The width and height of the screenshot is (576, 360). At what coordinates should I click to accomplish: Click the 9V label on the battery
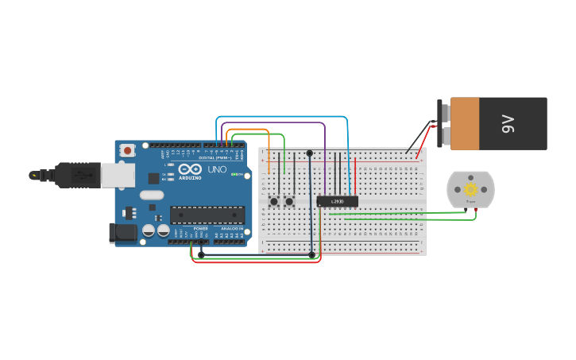[x=508, y=123]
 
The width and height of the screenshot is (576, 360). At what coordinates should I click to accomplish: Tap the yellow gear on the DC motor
[x=470, y=189]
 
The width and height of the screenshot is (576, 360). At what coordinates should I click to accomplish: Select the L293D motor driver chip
[x=337, y=201]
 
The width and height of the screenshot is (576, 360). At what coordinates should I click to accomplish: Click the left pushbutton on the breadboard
[x=274, y=201]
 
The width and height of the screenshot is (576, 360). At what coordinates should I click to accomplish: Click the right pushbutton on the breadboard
[x=289, y=201]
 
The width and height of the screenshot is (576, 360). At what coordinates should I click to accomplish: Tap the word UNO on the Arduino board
[x=217, y=169]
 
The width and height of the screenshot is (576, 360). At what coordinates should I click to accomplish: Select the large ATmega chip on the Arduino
[x=207, y=215]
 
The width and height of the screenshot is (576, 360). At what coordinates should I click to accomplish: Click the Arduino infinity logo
[x=190, y=169]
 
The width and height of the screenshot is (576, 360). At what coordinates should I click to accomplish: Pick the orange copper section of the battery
[x=465, y=123]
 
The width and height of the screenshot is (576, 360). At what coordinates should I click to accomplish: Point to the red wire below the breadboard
[x=254, y=262]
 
